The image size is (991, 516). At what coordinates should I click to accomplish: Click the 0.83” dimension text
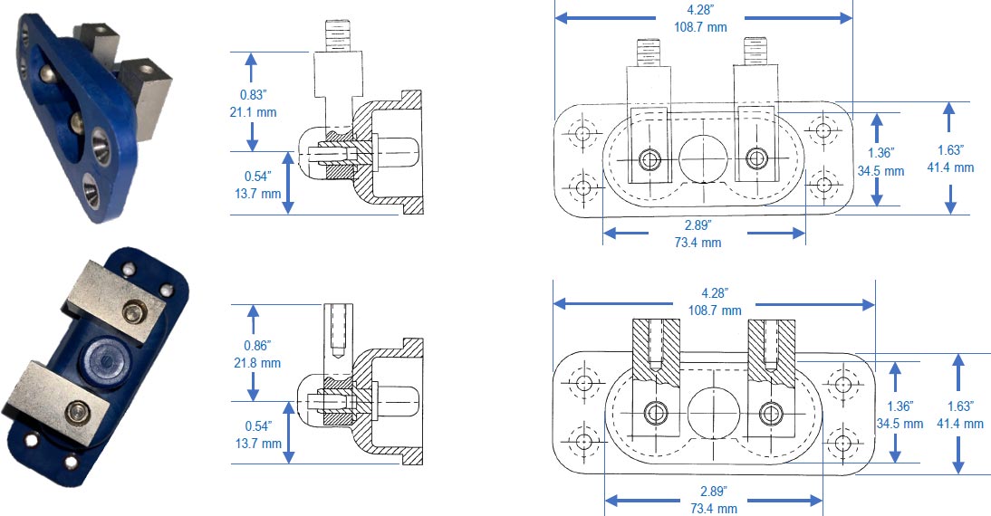click(x=254, y=95)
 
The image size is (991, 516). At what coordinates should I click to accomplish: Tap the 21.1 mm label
click(x=253, y=112)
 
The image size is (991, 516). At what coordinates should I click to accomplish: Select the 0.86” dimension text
click(x=257, y=346)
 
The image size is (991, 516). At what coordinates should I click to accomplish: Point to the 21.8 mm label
click(x=257, y=363)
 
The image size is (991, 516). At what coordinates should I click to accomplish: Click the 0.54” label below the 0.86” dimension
click(x=258, y=426)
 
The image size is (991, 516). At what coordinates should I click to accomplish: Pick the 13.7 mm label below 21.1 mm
click(x=258, y=193)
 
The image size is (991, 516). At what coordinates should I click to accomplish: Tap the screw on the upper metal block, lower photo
click(x=135, y=311)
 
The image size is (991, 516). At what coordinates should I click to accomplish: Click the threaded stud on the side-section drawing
click(x=337, y=35)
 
